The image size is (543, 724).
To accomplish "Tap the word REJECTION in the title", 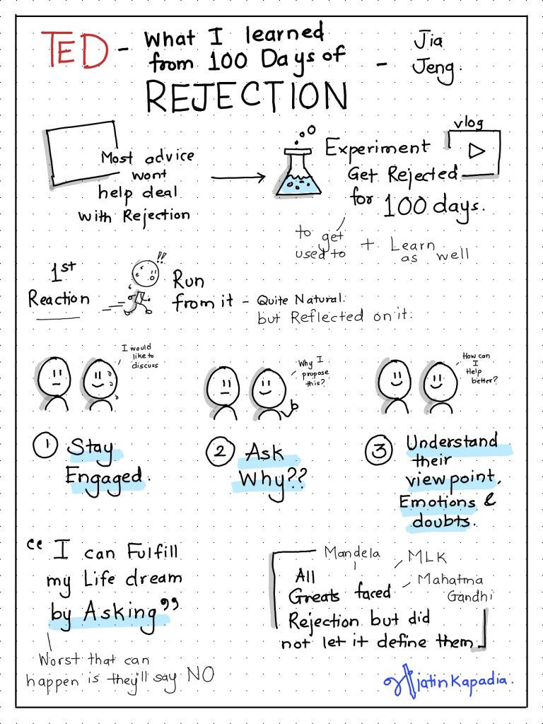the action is (247, 96).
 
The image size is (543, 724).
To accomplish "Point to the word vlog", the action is (468, 123).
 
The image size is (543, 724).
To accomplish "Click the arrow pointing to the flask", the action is (238, 177).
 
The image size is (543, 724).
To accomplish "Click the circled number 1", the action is (45, 445).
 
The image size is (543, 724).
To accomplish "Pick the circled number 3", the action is (379, 450).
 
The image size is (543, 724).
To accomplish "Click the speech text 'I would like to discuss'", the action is (140, 356).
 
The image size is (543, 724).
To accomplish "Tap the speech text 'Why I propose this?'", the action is (313, 372).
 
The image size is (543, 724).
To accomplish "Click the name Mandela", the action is (352, 552).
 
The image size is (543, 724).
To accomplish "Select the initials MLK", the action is (427, 557).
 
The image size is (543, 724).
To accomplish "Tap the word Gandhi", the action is (469, 596).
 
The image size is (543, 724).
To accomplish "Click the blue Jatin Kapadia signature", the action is (448, 681).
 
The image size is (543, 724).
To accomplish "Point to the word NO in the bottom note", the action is (200, 675).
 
